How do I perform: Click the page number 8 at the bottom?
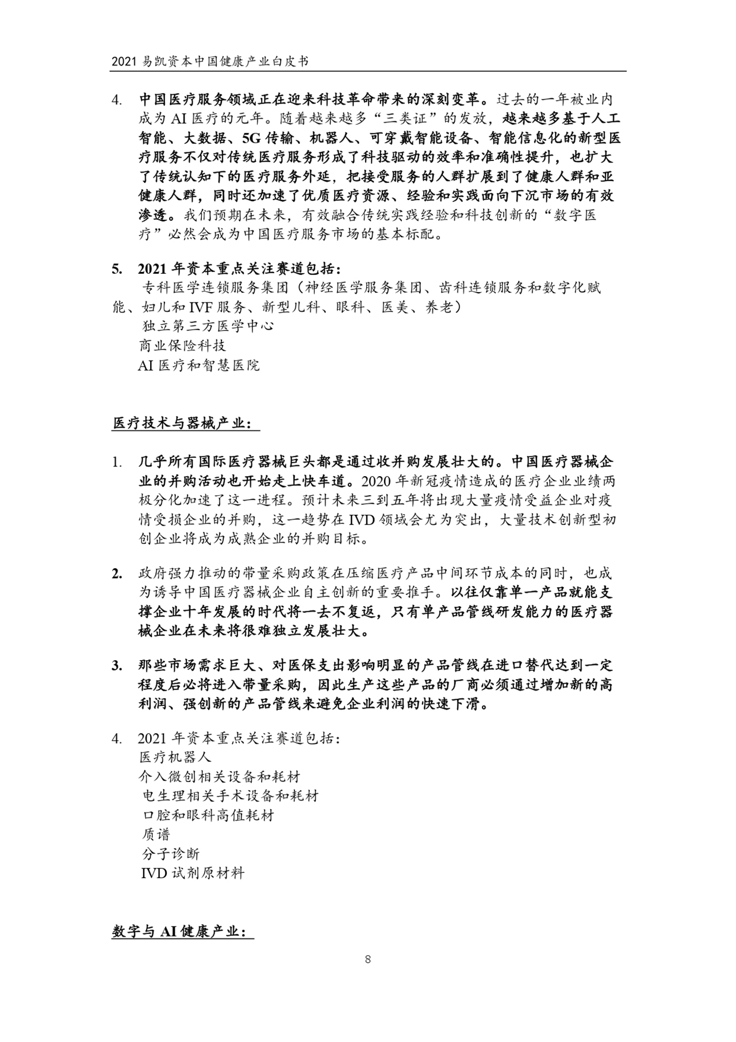tap(367, 959)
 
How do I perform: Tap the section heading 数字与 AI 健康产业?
tap(182, 932)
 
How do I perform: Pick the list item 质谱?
tap(156, 834)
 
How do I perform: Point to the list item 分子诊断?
tap(170, 853)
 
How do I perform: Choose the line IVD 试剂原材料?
tap(193, 873)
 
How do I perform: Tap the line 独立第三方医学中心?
tap(208, 326)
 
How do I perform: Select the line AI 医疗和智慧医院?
tap(198, 365)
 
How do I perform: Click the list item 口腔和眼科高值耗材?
tap(208, 815)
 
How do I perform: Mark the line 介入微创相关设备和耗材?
tap(219, 776)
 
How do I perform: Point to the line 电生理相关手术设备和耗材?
tap(230, 796)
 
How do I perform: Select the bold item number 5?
tap(117, 269)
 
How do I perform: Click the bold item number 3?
tap(117, 666)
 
